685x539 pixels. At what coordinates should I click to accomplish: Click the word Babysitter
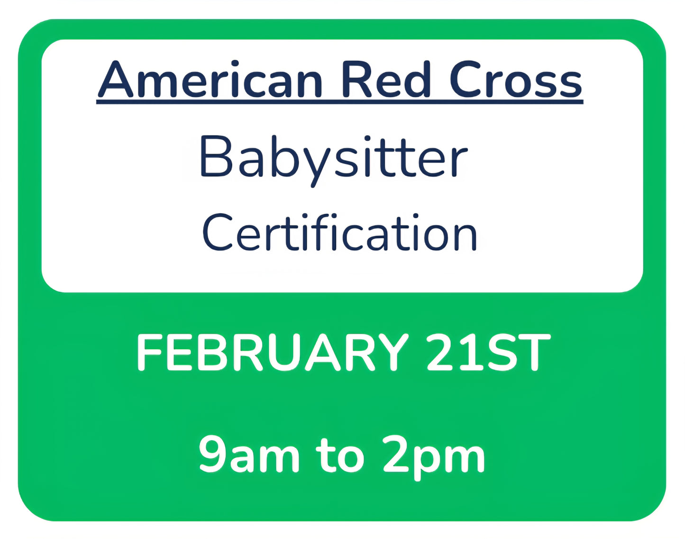pos(334,157)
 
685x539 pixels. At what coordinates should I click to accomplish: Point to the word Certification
pos(339,233)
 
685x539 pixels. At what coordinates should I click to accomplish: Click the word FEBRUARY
pos(272,352)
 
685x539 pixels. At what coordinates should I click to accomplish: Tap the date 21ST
pos(488,352)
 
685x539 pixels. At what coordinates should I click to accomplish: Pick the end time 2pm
pos(433,455)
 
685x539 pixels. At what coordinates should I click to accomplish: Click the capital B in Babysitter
pos(217,156)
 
